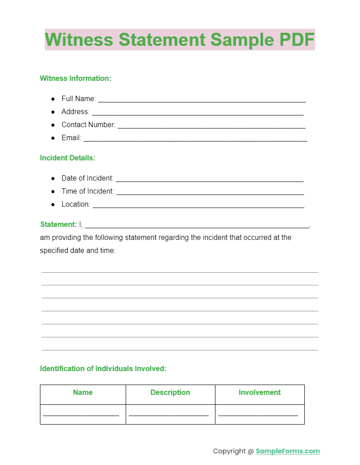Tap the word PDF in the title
[x=297, y=40]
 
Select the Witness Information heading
[x=75, y=79]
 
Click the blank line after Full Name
[x=202, y=100]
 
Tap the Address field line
[x=198, y=113]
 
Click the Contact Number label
[x=88, y=125]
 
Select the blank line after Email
[x=195, y=139]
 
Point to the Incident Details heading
[x=68, y=158]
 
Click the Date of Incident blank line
[x=210, y=179]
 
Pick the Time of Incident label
[x=88, y=191]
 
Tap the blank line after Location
[x=198, y=205]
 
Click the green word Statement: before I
[x=58, y=225]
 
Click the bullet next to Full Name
[x=53, y=99]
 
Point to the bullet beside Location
[x=53, y=204]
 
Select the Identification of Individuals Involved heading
[x=103, y=369]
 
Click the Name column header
[x=83, y=393]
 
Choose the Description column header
[x=170, y=393]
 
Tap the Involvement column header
[x=259, y=393]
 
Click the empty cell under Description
[x=170, y=414]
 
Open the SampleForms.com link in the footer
[x=288, y=451]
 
